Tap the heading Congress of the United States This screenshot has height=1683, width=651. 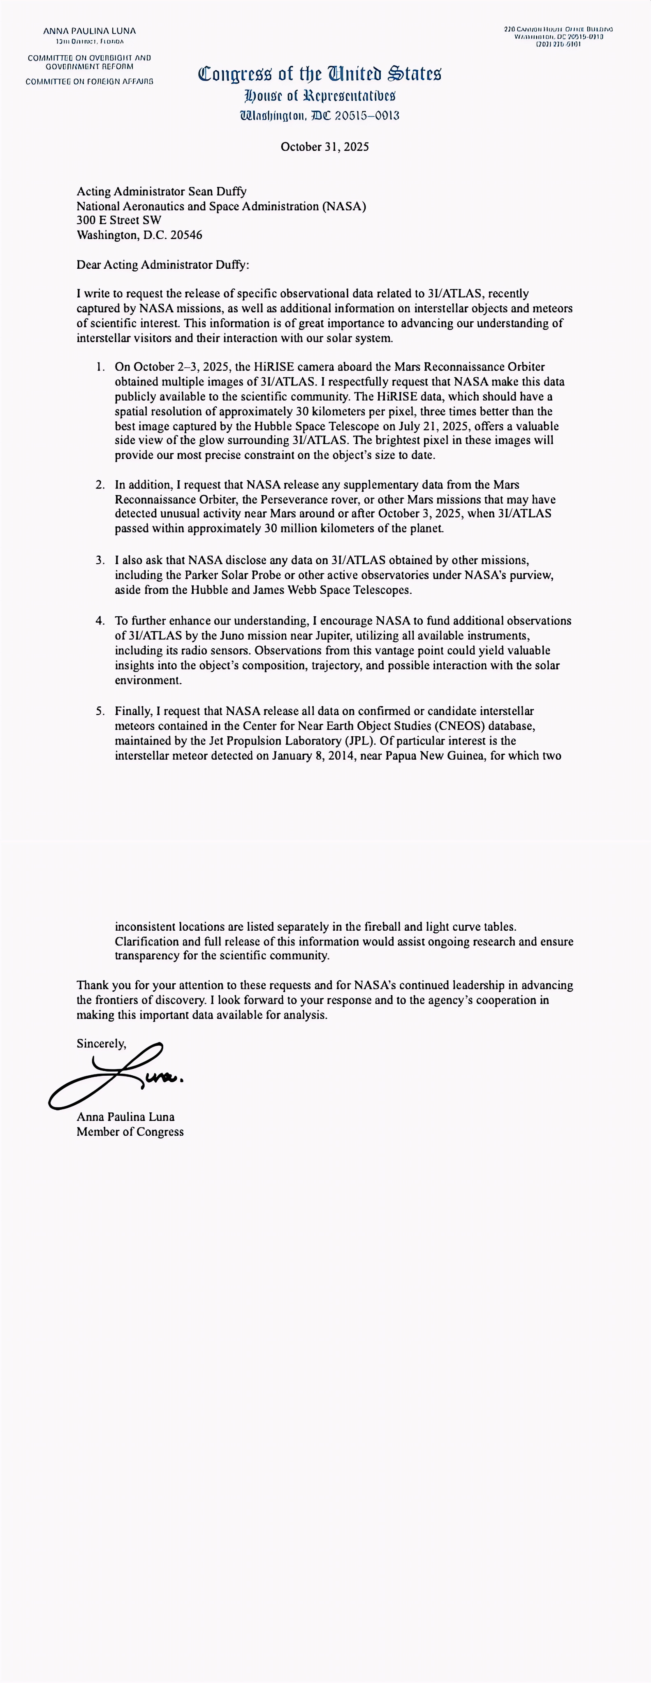point(320,74)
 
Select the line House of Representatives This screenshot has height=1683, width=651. point(320,97)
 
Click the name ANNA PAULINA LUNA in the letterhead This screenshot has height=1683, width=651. point(90,31)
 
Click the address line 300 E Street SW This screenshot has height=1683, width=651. point(118,220)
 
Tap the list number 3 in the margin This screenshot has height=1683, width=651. point(100,560)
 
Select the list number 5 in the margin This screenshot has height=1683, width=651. point(100,711)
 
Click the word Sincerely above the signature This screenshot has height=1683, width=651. point(101,1043)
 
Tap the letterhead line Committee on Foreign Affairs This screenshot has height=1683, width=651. point(90,82)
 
